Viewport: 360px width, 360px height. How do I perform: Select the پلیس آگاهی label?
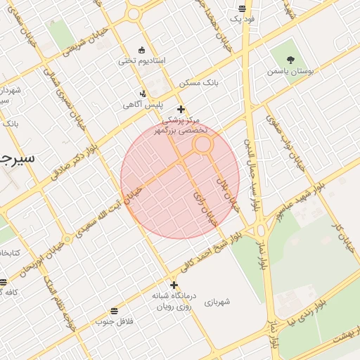(x=143, y=105)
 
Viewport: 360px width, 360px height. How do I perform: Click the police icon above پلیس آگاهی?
(x=143, y=94)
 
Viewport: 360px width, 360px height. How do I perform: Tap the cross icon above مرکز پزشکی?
(x=181, y=109)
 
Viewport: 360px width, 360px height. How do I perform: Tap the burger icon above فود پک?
(x=243, y=8)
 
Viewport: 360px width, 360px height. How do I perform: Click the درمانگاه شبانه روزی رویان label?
(x=174, y=302)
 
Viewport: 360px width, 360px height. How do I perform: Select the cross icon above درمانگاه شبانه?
(x=174, y=285)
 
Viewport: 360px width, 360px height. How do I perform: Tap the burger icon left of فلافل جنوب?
(x=114, y=311)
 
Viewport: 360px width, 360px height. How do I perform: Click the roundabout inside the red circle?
(x=203, y=144)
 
